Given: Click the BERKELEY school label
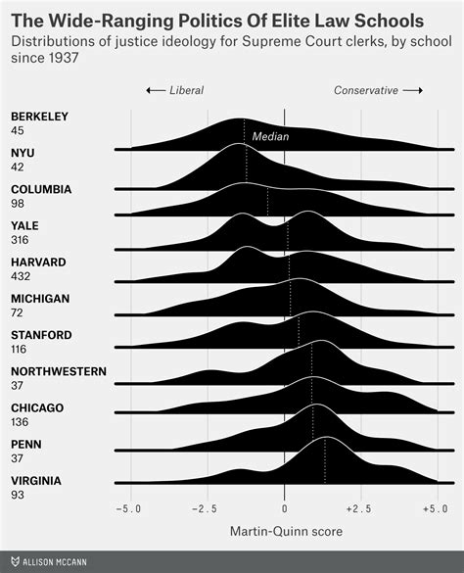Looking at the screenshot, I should [39, 117].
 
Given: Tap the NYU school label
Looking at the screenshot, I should [23, 153].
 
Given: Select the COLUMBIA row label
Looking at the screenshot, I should [40, 189].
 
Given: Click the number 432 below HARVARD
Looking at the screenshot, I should [22, 276].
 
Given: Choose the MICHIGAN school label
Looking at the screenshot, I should [38, 299].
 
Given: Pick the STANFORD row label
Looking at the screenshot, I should [41, 335].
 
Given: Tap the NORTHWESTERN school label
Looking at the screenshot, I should [59, 371].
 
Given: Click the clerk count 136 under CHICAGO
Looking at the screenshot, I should [21, 422].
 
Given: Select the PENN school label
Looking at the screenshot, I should [25, 445].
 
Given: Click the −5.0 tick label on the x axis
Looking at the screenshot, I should [129, 510].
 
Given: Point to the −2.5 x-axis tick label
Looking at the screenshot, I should [207, 510].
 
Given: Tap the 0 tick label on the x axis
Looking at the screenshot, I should [284, 510].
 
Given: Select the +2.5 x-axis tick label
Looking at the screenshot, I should [359, 510].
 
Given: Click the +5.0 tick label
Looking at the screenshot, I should [436, 510].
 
